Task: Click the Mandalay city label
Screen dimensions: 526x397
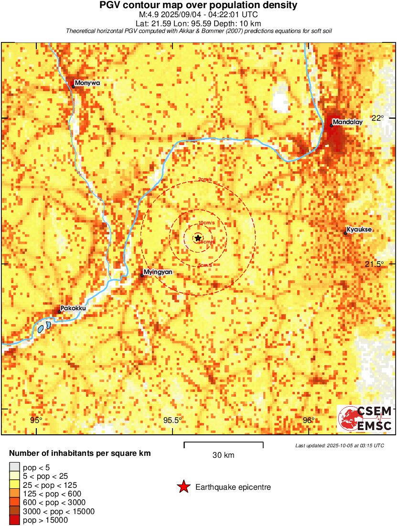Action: tap(347, 122)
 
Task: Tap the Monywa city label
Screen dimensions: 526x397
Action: tap(87, 83)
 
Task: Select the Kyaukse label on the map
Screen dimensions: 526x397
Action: tap(359, 230)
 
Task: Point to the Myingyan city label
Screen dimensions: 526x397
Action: tap(158, 272)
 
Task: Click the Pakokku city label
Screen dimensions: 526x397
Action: tap(74, 308)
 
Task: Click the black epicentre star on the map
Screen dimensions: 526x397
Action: tap(198, 238)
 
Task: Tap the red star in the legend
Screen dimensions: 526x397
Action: tap(183, 487)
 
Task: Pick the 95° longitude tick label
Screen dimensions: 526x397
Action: tap(36, 420)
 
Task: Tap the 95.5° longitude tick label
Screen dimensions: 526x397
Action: tap(172, 420)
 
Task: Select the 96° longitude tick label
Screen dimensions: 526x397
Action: tap(309, 420)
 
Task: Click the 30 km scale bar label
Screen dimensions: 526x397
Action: tap(223, 455)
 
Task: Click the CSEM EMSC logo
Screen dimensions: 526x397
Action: tap(365, 419)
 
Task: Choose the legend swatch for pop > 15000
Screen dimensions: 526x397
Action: tap(15, 520)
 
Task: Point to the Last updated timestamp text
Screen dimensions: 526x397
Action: tap(339, 445)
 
